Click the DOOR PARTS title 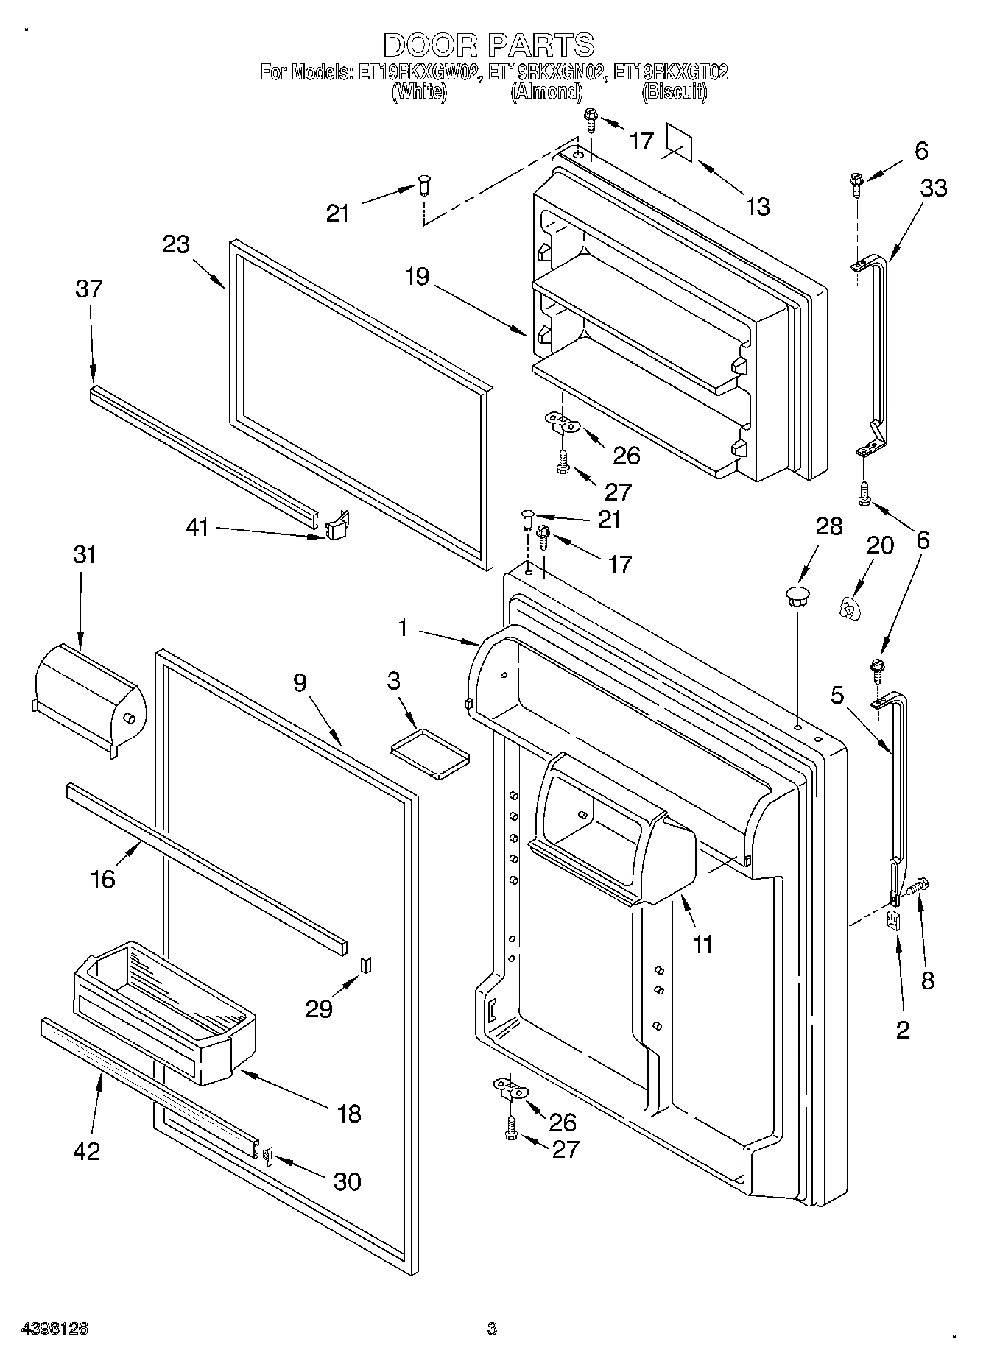coord(488,45)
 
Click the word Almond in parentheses coord(546,93)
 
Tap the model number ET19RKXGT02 coord(671,73)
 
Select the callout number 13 coord(757,207)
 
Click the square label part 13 coord(680,141)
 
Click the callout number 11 coord(703,944)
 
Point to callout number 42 coord(86,1150)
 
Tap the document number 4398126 coord(55,1329)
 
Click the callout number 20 coord(880,545)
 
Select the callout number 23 coord(177,244)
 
